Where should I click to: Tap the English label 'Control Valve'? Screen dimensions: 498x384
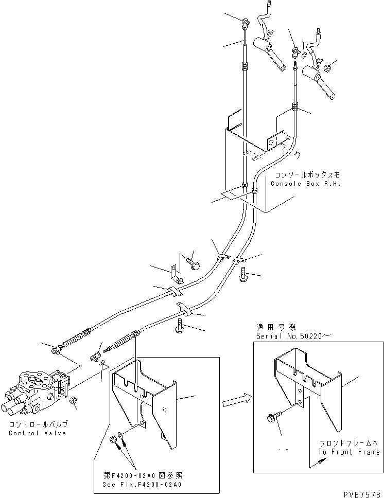click(37, 433)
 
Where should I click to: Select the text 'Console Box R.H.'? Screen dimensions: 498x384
click(306, 184)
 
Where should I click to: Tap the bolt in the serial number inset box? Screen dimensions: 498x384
click(273, 420)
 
